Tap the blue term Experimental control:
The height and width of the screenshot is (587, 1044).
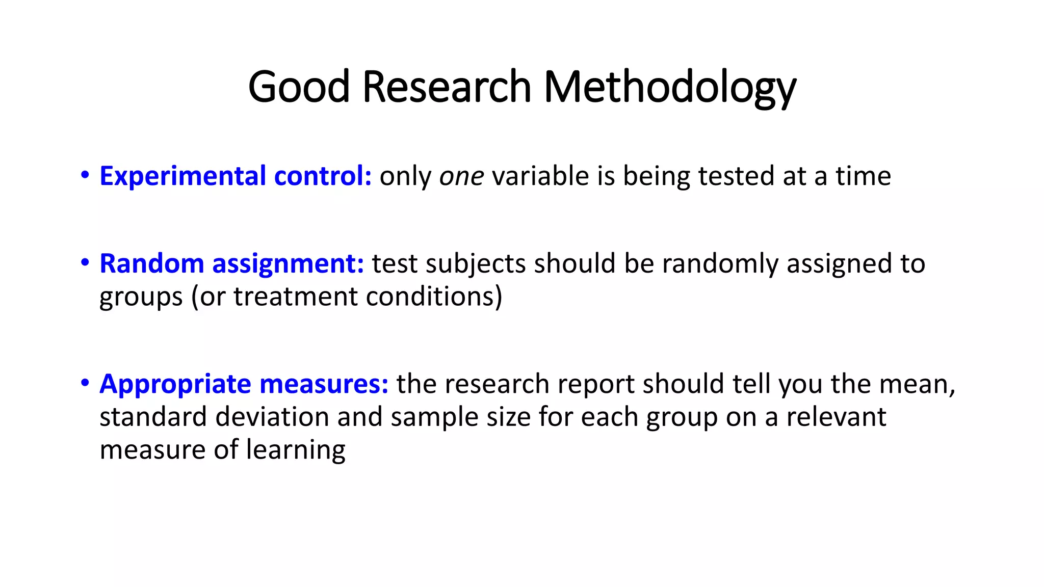(236, 176)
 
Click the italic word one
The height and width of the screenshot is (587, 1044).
(461, 176)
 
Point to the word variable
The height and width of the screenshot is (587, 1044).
(540, 176)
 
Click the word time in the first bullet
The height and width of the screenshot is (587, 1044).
(863, 176)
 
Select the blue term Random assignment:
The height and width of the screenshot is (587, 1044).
(231, 264)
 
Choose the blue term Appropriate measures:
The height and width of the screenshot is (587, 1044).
(244, 384)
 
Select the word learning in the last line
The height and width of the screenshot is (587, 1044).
(296, 450)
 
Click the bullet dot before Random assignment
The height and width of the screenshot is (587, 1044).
(85, 263)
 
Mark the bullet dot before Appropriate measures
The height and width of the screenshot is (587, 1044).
(85, 383)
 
